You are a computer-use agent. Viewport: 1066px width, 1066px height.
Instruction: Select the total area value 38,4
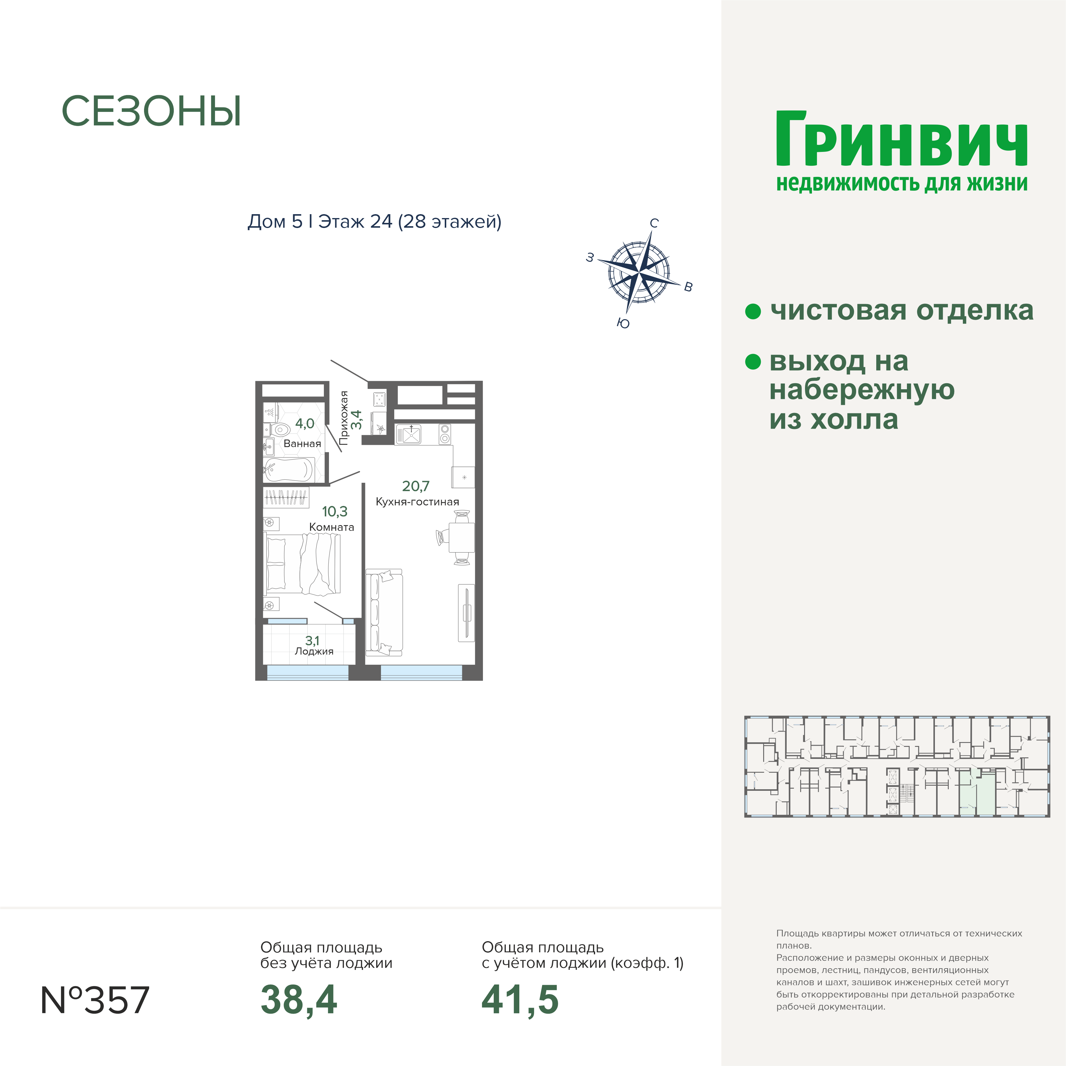point(299,1000)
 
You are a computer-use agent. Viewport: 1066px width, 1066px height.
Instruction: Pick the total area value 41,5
point(520,1000)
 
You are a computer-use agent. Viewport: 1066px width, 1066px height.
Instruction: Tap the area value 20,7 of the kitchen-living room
point(416,486)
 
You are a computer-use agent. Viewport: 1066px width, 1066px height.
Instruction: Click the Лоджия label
point(314,652)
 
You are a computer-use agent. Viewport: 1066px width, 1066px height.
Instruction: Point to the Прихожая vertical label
point(344,418)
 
